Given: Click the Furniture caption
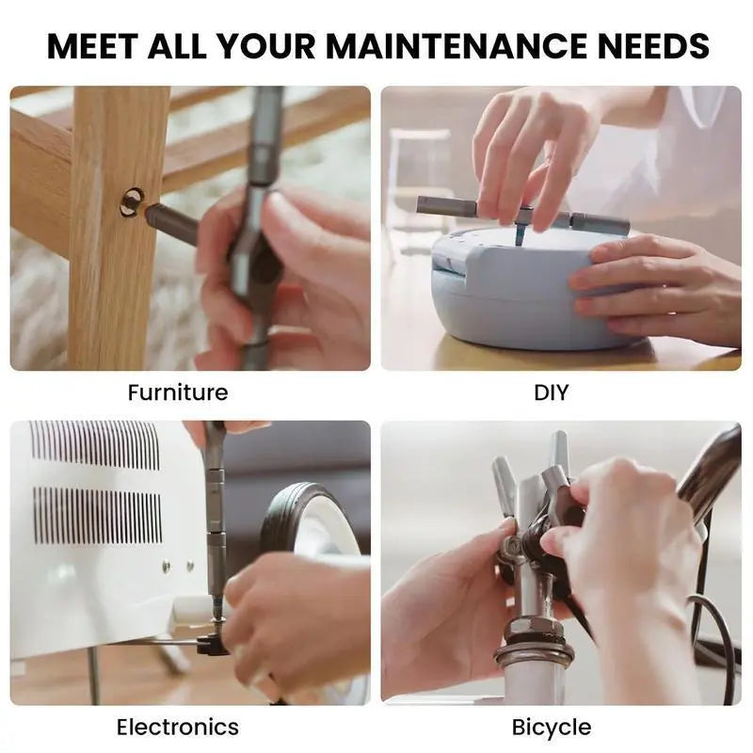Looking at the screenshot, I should [x=178, y=392].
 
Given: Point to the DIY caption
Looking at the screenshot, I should [x=551, y=392].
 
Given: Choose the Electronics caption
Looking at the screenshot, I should [x=178, y=727].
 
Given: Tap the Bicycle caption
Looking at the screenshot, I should [x=552, y=727].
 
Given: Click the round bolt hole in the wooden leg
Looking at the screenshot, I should [x=130, y=200].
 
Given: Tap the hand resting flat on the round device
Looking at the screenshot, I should [x=659, y=287].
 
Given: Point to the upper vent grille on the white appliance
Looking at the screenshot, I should [x=94, y=445].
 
